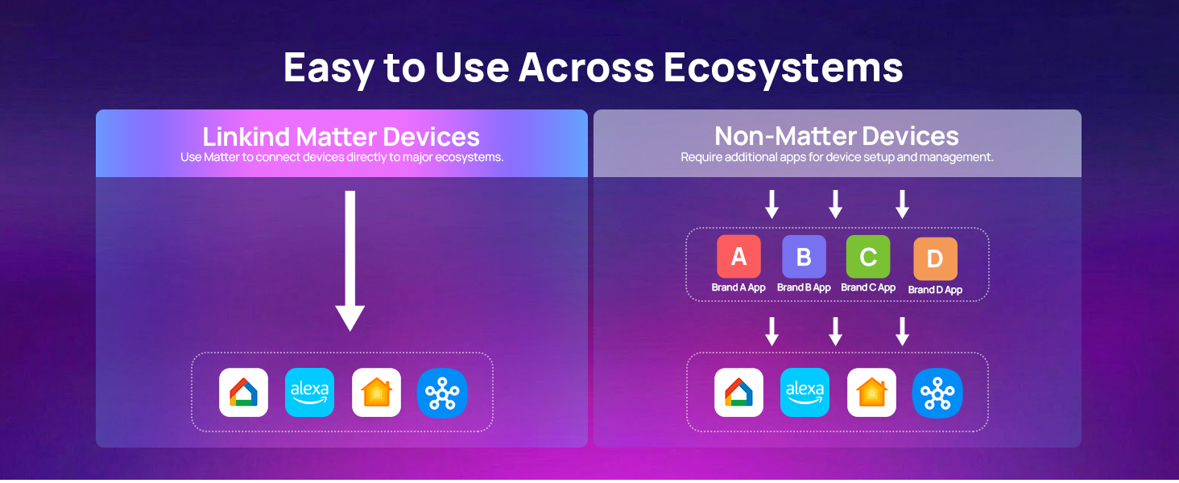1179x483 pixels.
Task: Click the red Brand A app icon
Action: [738, 257]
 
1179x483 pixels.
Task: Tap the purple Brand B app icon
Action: [804, 257]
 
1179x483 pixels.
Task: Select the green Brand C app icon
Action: [868, 257]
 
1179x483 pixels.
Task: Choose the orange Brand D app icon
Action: [935, 258]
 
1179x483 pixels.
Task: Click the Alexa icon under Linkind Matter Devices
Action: [310, 392]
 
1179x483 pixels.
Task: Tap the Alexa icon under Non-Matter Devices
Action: [805, 392]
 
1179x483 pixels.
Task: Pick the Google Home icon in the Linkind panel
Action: [244, 392]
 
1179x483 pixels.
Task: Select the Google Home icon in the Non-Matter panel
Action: [739, 392]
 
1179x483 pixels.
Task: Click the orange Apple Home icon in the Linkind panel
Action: [376, 392]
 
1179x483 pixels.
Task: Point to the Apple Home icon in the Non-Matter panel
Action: [871, 392]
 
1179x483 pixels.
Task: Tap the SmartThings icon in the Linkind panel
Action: [442, 392]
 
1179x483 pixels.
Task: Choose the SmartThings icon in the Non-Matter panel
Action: [937, 392]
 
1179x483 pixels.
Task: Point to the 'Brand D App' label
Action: [935, 290]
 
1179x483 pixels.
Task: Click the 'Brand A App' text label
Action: [738, 287]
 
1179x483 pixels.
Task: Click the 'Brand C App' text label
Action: [868, 287]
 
